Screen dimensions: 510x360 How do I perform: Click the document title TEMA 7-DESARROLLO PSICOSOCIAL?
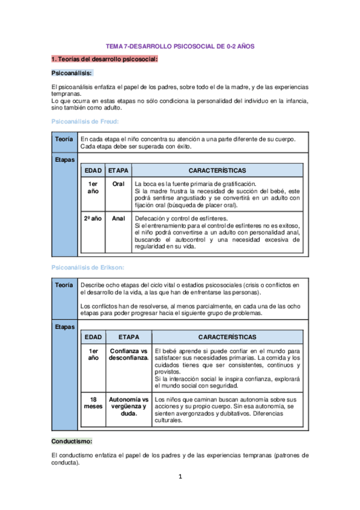coord(180,46)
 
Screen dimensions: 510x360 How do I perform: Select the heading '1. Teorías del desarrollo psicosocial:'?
coord(105,59)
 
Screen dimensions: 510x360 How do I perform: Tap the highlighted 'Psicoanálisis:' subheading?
coord(72,73)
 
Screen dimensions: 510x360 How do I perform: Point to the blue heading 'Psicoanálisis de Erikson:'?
coord(90,266)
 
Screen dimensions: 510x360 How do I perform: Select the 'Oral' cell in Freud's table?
coord(118,183)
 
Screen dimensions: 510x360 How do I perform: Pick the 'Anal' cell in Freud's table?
coord(118,218)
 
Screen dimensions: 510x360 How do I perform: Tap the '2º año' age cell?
coord(93,218)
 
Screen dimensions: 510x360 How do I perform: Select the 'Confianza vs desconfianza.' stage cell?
coord(128,354)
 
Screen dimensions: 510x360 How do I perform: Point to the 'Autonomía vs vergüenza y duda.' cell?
coord(128,406)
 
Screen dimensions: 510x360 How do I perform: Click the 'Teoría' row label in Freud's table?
coord(64,140)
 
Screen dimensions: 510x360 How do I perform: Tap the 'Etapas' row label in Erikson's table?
coord(64,327)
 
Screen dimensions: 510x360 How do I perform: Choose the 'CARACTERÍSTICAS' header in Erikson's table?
coord(227,337)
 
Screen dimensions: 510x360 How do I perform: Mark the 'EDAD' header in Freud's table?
coord(93,171)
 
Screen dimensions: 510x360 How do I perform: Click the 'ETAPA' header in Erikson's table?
coord(128,337)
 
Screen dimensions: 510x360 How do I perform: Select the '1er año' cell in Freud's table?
coord(93,187)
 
